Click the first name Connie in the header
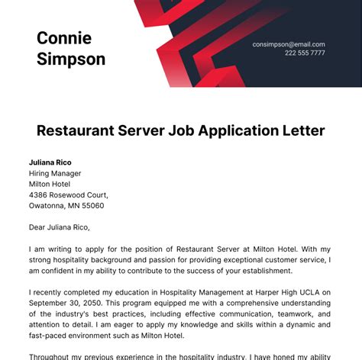64,38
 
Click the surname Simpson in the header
71,59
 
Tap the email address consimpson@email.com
289,44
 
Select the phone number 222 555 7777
305,53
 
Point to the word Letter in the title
302,130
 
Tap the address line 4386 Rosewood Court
68,194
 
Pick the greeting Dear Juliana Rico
60,227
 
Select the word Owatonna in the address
47,205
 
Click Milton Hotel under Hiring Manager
50,184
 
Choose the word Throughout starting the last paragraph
53,356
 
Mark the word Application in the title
229,130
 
